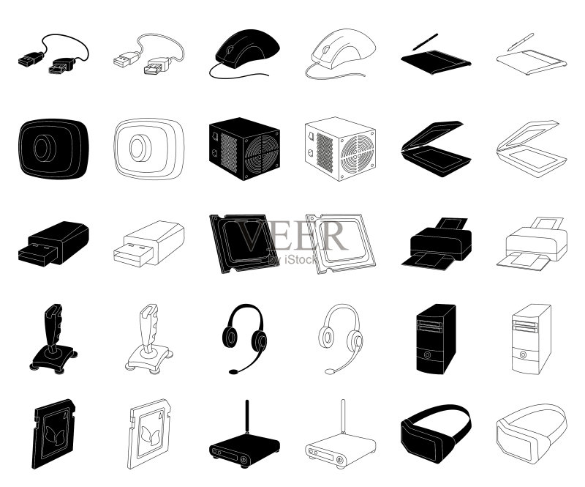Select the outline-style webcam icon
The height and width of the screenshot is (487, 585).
149,149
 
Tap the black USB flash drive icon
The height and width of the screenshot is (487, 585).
53,244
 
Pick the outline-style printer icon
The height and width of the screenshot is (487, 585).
532,243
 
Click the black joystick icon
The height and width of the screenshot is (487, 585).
53,338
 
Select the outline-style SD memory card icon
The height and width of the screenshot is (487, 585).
149,434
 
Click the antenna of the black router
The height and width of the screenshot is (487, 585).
246,417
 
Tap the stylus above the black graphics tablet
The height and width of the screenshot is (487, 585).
425,42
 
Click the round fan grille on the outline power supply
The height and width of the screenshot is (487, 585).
357,153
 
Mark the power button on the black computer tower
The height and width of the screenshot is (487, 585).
427,355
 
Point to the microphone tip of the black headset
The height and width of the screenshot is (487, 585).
233,371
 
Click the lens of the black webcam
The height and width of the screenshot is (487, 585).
45,148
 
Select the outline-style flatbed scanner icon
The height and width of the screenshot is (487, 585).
532,149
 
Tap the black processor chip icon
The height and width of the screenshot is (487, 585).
244,243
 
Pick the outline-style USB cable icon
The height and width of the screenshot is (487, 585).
149,53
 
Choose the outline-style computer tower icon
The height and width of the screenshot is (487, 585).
532,338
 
